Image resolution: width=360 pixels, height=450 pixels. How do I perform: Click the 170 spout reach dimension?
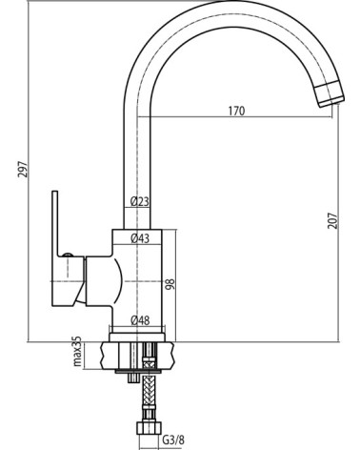click(x=236, y=111)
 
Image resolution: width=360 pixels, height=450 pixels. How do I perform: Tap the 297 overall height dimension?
click(x=23, y=169)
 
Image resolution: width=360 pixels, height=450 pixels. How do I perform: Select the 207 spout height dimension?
click(x=332, y=220)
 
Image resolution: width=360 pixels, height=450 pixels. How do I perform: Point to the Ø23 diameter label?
click(x=139, y=201)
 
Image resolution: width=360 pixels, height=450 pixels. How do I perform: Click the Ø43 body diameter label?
click(x=140, y=238)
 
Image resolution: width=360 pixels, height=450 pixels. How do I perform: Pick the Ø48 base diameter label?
click(x=140, y=320)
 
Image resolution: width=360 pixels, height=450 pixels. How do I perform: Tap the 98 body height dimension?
click(x=170, y=284)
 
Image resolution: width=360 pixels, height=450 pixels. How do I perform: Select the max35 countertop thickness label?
click(x=77, y=351)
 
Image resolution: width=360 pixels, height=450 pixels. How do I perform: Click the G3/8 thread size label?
click(x=173, y=440)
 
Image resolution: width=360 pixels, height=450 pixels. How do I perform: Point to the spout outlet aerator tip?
click(x=330, y=94)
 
